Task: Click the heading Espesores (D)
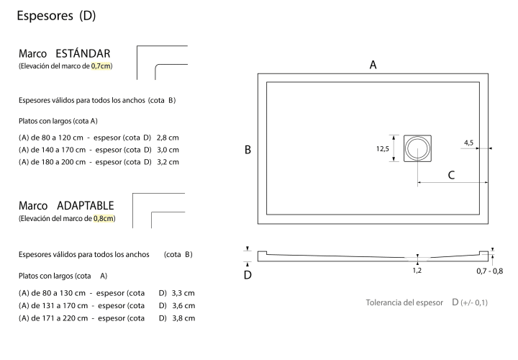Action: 56,16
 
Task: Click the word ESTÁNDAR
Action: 83,53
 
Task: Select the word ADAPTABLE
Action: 85,206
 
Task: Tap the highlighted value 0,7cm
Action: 101,66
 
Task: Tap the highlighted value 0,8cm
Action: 104,218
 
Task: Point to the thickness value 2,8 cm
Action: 168,138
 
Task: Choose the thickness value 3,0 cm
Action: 168,150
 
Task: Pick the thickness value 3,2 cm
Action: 168,162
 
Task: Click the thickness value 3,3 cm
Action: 183,293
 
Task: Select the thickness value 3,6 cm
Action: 183,305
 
